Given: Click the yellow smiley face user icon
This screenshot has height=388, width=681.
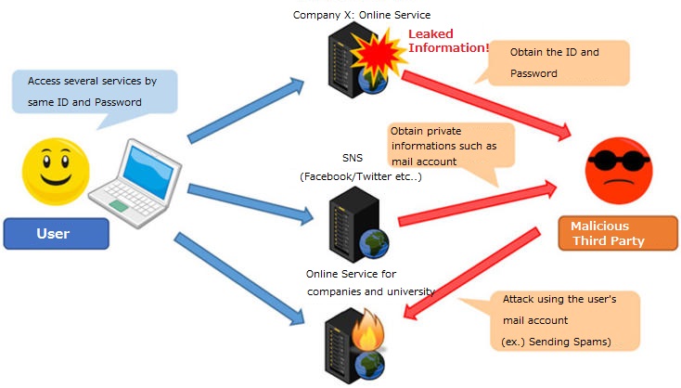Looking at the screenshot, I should (55, 171).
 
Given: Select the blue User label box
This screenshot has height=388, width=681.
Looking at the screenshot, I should (56, 233).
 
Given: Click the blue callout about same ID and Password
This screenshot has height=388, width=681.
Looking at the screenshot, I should (92, 91).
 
